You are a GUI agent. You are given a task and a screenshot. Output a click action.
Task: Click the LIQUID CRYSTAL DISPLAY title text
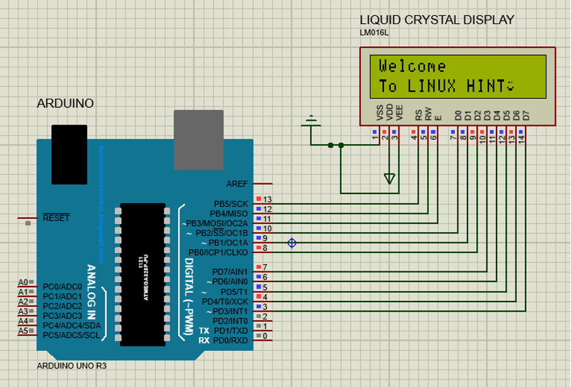coord(436,20)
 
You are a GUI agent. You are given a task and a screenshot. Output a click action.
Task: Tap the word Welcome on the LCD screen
coord(412,66)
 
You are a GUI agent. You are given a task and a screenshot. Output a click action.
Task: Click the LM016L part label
coord(373,33)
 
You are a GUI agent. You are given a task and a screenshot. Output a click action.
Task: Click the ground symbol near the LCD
coord(311,121)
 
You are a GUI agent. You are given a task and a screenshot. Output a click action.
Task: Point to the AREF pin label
coord(237,183)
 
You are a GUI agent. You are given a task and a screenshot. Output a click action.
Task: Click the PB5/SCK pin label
coord(231,204)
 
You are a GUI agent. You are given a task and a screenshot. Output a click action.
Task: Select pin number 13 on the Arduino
coord(267,200)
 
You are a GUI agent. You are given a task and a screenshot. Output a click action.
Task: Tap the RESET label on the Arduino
coord(56,218)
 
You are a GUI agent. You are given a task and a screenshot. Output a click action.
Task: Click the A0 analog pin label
coord(23,282)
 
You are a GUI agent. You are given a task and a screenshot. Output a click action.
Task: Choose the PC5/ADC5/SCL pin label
coord(71,335)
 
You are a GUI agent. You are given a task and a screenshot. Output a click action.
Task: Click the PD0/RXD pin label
coord(231,340)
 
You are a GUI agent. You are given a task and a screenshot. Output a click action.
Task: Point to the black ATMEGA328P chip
coord(143,274)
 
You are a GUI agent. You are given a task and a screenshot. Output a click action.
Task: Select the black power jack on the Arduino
coord(69,154)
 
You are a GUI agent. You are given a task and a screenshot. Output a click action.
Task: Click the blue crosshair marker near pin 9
coord(292,243)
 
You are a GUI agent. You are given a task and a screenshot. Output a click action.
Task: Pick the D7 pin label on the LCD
coord(525,115)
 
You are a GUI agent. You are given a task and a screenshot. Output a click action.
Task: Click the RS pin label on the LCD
coord(418,115)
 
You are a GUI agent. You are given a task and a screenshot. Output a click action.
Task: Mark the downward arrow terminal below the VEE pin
coord(390,179)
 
